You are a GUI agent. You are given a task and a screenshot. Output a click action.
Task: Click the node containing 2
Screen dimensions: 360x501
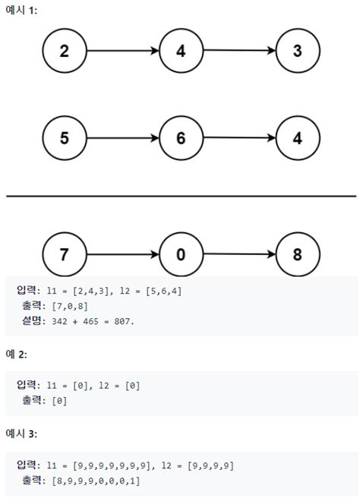pyautogui.click(x=65, y=51)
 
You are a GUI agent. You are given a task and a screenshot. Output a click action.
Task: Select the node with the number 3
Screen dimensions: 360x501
pyautogui.click(x=298, y=51)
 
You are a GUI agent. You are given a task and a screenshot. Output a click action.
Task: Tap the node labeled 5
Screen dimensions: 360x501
pyautogui.click(x=65, y=137)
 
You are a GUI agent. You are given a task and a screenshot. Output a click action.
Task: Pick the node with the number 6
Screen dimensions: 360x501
pyautogui.click(x=181, y=137)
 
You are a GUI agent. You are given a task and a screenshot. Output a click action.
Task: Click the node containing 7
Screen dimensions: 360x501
pyautogui.click(x=65, y=254)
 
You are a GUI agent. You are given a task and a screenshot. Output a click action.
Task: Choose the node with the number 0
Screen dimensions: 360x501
pyautogui.click(x=181, y=254)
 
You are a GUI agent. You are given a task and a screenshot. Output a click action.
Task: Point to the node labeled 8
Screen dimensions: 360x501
pyautogui.click(x=298, y=254)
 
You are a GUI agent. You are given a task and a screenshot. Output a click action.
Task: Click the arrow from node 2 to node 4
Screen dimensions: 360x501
pyautogui.click(x=123, y=51)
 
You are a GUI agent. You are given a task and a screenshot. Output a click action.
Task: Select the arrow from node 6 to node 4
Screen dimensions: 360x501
pyautogui.click(x=239, y=137)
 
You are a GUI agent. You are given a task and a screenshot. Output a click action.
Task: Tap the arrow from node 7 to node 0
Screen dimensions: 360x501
pyautogui.click(x=123, y=254)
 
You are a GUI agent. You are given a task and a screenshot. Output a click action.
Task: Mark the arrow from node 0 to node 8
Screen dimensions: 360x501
pyautogui.click(x=239, y=254)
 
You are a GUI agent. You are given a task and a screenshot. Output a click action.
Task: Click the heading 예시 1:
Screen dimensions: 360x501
pyautogui.click(x=21, y=10)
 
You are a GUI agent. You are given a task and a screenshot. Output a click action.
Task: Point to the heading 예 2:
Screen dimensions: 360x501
pyautogui.click(x=16, y=354)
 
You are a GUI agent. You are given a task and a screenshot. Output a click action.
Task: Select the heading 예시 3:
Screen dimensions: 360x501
pyautogui.click(x=21, y=433)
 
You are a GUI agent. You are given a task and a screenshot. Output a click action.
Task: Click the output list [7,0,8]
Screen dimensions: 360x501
pyautogui.click(x=70, y=306)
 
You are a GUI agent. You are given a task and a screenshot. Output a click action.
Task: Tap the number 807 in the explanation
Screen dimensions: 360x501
pyautogui.click(x=122, y=321)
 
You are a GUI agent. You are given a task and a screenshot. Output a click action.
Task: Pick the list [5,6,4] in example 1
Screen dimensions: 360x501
pyautogui.click(x=163, y=291)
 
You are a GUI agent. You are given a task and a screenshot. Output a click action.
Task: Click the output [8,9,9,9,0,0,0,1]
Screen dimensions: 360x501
pyautogui.click(x=96, y=481)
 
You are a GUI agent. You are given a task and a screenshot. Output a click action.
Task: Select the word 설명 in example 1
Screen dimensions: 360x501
pyautogui.click(x=31, y=320)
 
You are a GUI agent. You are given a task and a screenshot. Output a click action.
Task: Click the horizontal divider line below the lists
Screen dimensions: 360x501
pyautogui.click(x=181, y=196)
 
